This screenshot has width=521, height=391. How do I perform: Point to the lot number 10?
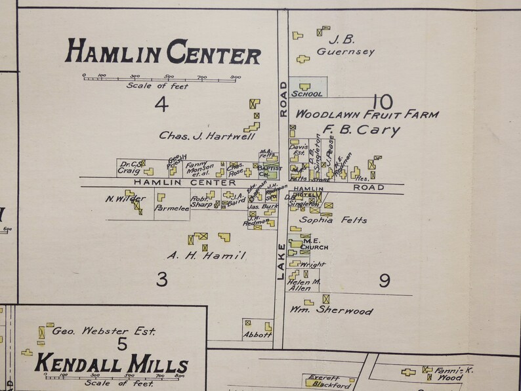[x=381, y=102]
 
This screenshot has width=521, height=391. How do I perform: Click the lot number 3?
[x=162, y=280]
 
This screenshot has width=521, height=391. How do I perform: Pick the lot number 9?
[x=385, y=281]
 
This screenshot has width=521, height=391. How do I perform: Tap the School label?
[x=306, y=94]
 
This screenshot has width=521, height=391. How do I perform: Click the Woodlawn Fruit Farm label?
[x=366, y=114]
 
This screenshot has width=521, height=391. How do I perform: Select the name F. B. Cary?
[x=360, y=130]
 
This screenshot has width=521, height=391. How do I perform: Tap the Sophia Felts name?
[x=333, y=220]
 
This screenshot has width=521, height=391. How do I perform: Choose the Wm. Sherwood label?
[x=332, y=311]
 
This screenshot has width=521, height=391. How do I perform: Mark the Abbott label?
[x=257, y=335]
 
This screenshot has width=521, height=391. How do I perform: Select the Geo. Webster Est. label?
[x=104, y=331]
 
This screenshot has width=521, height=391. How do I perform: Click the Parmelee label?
[x=171, y=209]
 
